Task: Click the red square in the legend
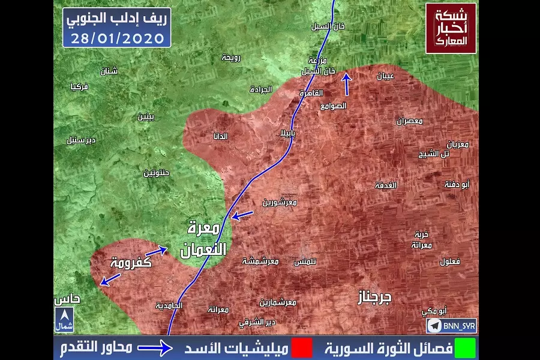click(x=302, y=348)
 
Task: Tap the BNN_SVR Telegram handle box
click(x=451, y=326)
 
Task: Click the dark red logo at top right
click(x=451, y=28)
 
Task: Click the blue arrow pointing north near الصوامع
click(x=346, y=84)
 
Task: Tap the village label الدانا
click(x=220, y=136)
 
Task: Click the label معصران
click(x=410, y=121)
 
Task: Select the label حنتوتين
click(x=156, y=173)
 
